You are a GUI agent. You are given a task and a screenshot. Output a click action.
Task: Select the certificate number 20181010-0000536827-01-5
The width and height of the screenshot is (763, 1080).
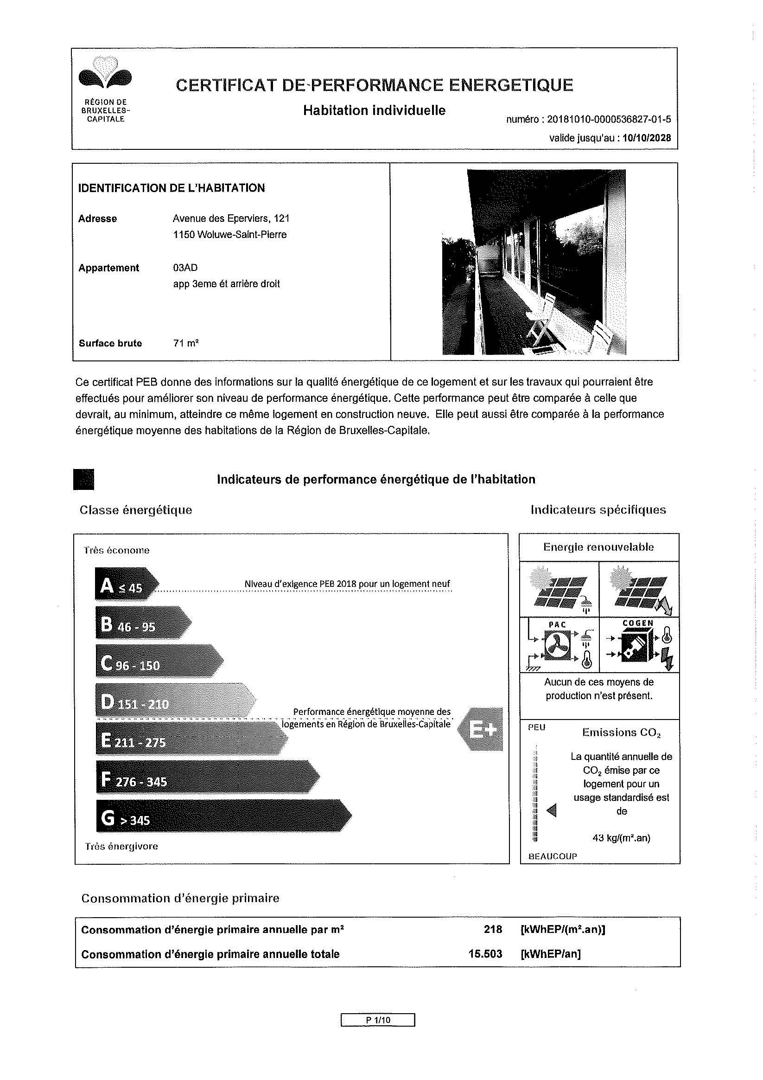(x=609, y=120)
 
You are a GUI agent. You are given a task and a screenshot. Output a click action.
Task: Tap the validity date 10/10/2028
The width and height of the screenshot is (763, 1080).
(x=646, y=138)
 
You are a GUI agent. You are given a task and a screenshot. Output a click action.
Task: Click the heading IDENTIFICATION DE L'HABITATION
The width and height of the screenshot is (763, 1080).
(x=171, y=188)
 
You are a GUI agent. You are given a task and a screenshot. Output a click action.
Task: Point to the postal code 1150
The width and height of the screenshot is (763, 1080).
(x=184, y=235)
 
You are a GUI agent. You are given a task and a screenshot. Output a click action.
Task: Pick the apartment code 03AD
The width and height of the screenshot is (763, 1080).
(x=185, y=268)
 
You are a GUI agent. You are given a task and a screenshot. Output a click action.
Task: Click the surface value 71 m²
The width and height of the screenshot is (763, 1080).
(x=186, y=343)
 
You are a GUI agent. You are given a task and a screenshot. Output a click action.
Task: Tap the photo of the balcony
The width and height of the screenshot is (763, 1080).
(x=534, y=262)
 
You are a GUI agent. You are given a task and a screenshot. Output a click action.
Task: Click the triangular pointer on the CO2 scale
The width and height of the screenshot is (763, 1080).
(x=552, y=810)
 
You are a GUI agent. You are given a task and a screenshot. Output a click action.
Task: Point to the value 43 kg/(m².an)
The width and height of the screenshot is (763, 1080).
(x=621, y=838)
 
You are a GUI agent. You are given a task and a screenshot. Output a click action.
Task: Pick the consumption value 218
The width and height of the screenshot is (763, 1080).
(x=493, y=930)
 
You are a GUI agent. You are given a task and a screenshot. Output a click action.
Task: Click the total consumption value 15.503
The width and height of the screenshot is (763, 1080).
(x=485, y=954)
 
